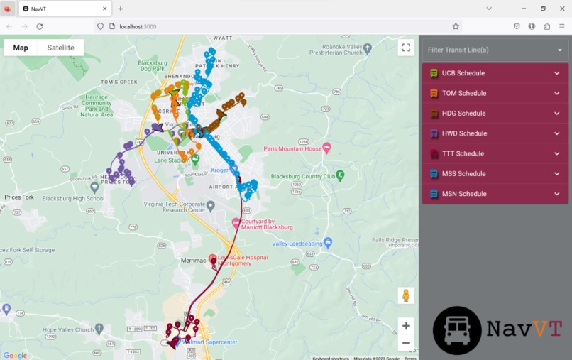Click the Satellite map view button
60,48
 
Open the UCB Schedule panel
495,73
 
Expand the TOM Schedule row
495,93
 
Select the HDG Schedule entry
495,114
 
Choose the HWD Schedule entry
495,133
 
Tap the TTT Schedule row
495,153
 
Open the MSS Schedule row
495,174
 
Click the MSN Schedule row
495,194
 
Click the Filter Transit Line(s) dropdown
495,50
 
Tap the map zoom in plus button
406,326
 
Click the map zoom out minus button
406,343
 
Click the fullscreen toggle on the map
406,48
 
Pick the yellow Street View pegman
406,295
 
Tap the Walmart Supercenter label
210,342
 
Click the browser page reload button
40,26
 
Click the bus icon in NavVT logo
457,330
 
